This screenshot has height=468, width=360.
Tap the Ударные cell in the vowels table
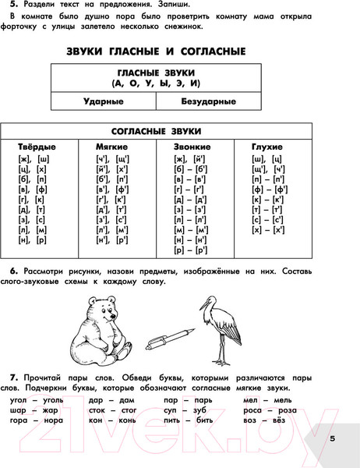coord(103,101)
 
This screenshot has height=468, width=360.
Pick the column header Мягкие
coord(111,146)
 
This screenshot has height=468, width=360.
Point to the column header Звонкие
coord(192,146)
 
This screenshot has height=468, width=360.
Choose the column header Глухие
coord(267,146)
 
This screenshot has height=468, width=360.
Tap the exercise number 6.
coord(13,271)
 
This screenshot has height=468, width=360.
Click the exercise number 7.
coord(13,377)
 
